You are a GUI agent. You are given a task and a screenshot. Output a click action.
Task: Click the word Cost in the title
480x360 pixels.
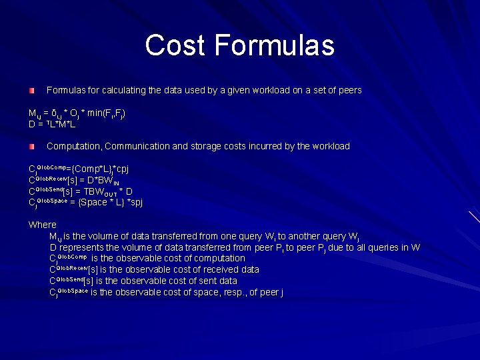176,45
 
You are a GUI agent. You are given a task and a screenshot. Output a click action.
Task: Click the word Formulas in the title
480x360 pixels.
275,45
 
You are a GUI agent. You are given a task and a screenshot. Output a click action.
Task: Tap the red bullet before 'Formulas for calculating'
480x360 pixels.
31,90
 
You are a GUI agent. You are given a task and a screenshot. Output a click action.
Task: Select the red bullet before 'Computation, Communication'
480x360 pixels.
31,146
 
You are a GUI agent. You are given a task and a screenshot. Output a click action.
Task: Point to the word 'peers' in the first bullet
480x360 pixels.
349,90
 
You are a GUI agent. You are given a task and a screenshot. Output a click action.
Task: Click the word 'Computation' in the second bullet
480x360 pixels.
73,146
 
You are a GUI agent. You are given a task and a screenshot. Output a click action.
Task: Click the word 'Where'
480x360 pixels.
43,225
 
